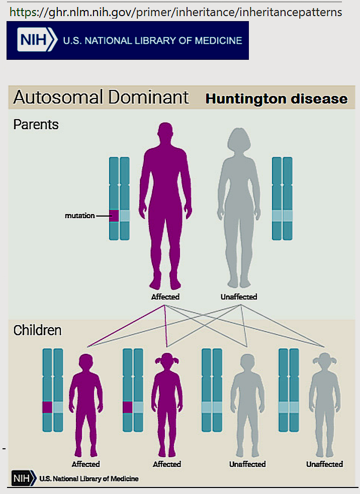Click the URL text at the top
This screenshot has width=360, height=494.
point(175,12)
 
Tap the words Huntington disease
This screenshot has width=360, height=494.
point(277,98)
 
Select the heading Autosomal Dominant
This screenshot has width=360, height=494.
point(101,97)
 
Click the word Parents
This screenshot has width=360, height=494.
point(36,124)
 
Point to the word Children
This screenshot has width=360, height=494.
point(37,330)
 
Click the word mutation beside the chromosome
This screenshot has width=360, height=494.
point(80,216)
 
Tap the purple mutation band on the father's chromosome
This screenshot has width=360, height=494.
point(114,216)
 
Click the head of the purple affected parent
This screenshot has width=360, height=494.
point(165,135)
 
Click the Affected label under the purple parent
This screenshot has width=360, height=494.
point(165,297)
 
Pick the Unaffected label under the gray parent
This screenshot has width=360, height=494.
point(239,297)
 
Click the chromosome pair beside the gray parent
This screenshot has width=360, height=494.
point(282,199)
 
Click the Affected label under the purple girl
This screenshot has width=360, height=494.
point(166,464)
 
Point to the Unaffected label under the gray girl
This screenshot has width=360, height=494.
point(324,464)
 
